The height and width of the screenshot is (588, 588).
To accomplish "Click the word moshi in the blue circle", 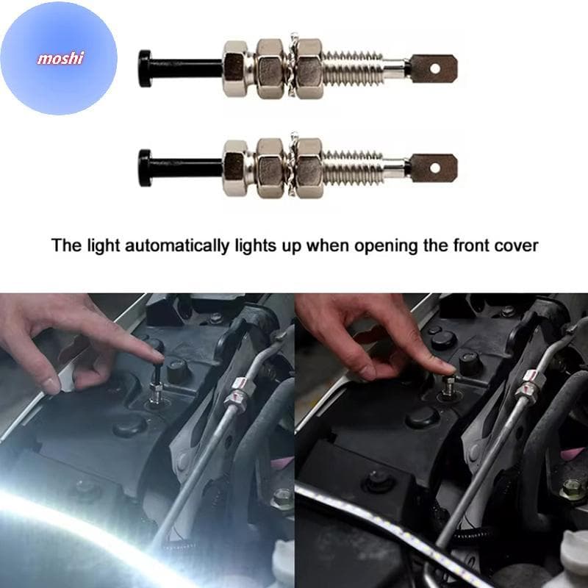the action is (60, 59).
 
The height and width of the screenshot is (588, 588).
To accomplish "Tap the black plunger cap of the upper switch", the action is (145, 68).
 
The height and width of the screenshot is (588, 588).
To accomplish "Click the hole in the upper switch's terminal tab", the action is (435, 68).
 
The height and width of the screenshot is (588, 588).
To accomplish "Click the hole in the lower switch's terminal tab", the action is (435, 168).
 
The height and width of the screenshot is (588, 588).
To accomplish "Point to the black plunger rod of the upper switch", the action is (187, 68).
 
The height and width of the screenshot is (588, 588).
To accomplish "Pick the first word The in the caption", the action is (67, 245).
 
